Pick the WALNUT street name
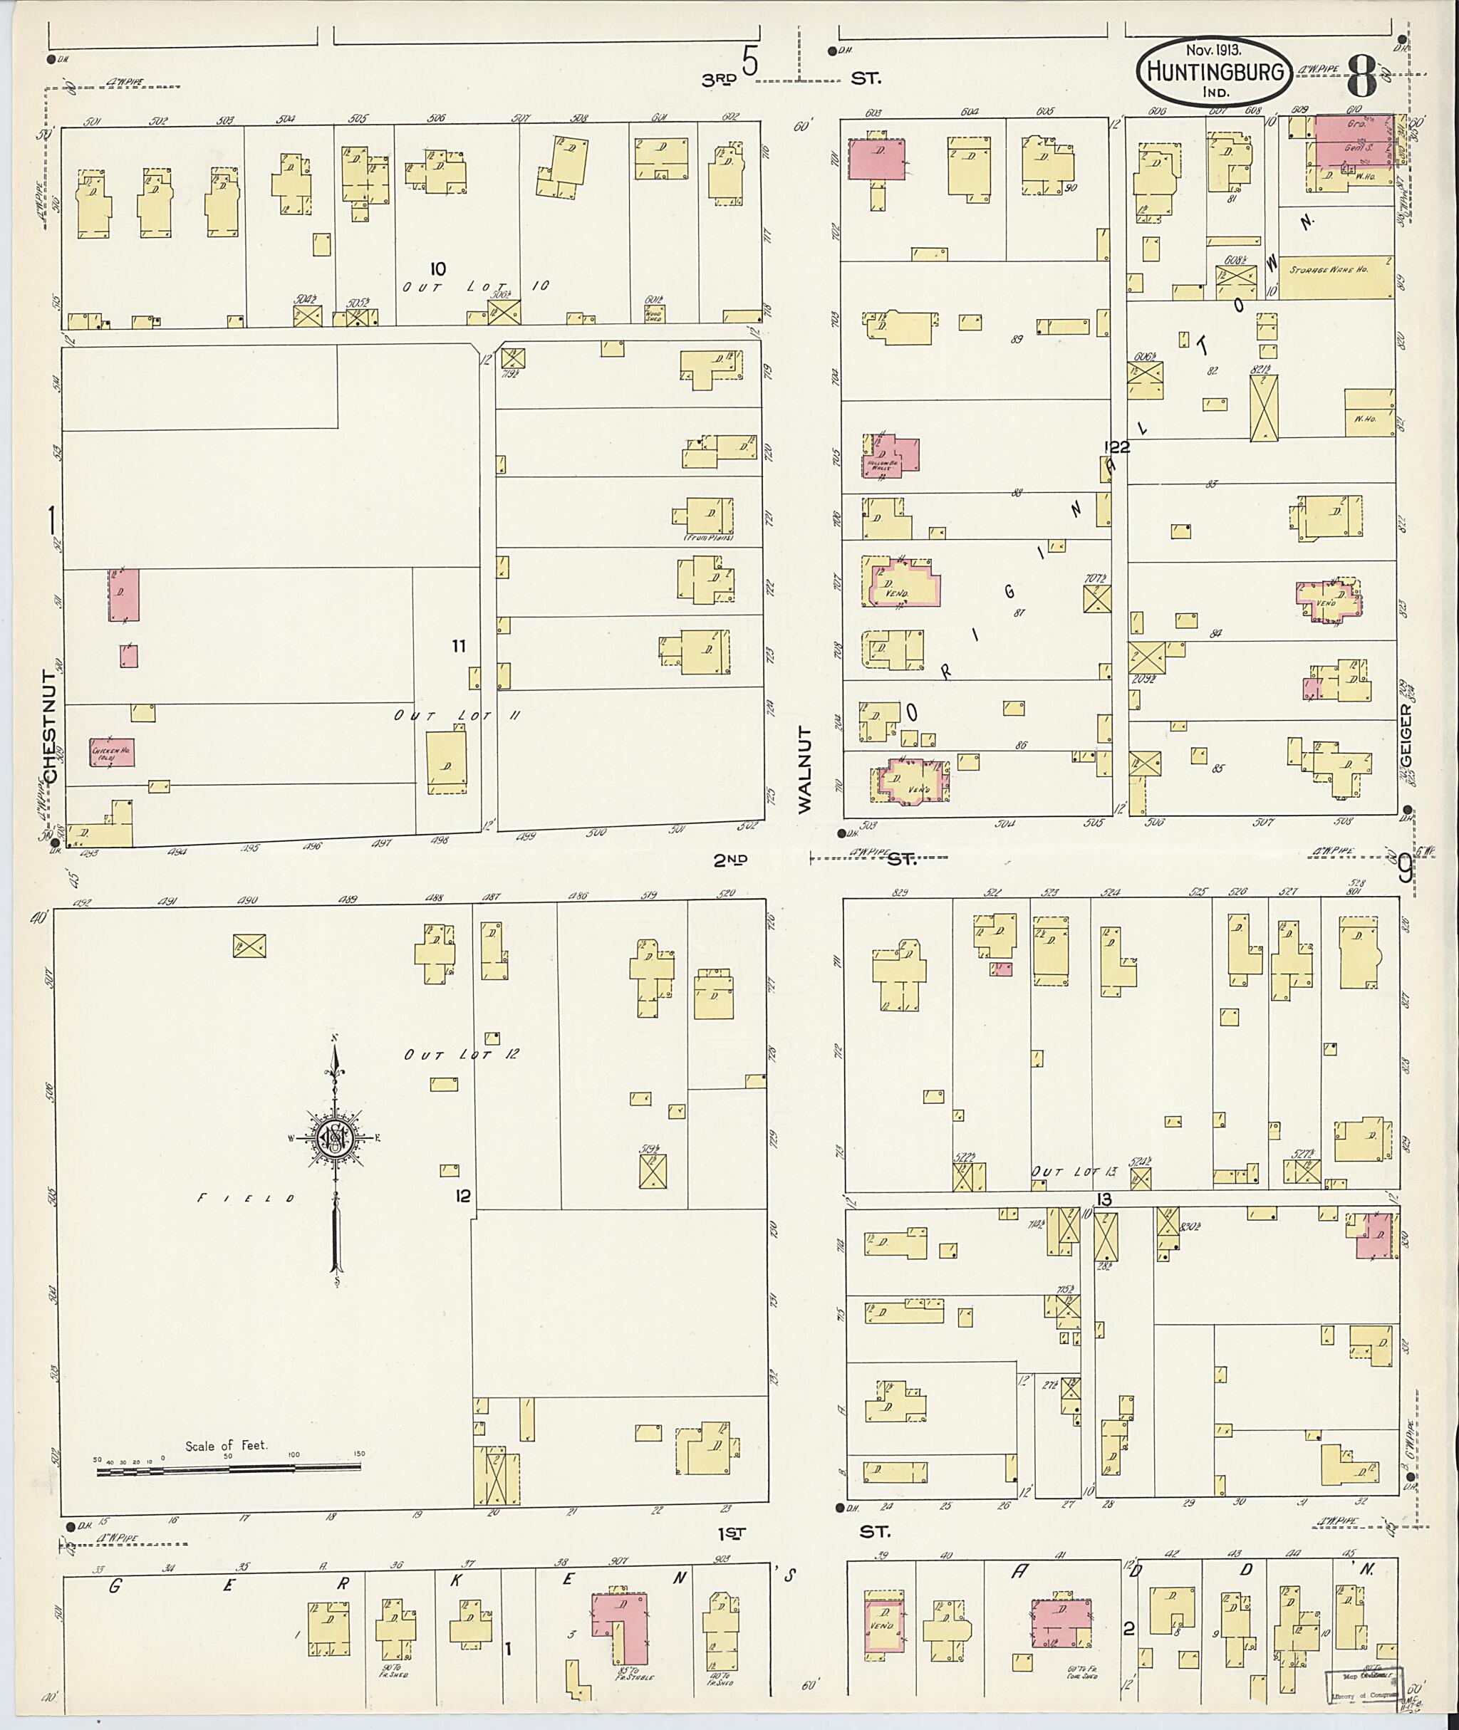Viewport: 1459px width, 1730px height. [806, 769]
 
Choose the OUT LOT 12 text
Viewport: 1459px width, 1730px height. [462, 1054]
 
